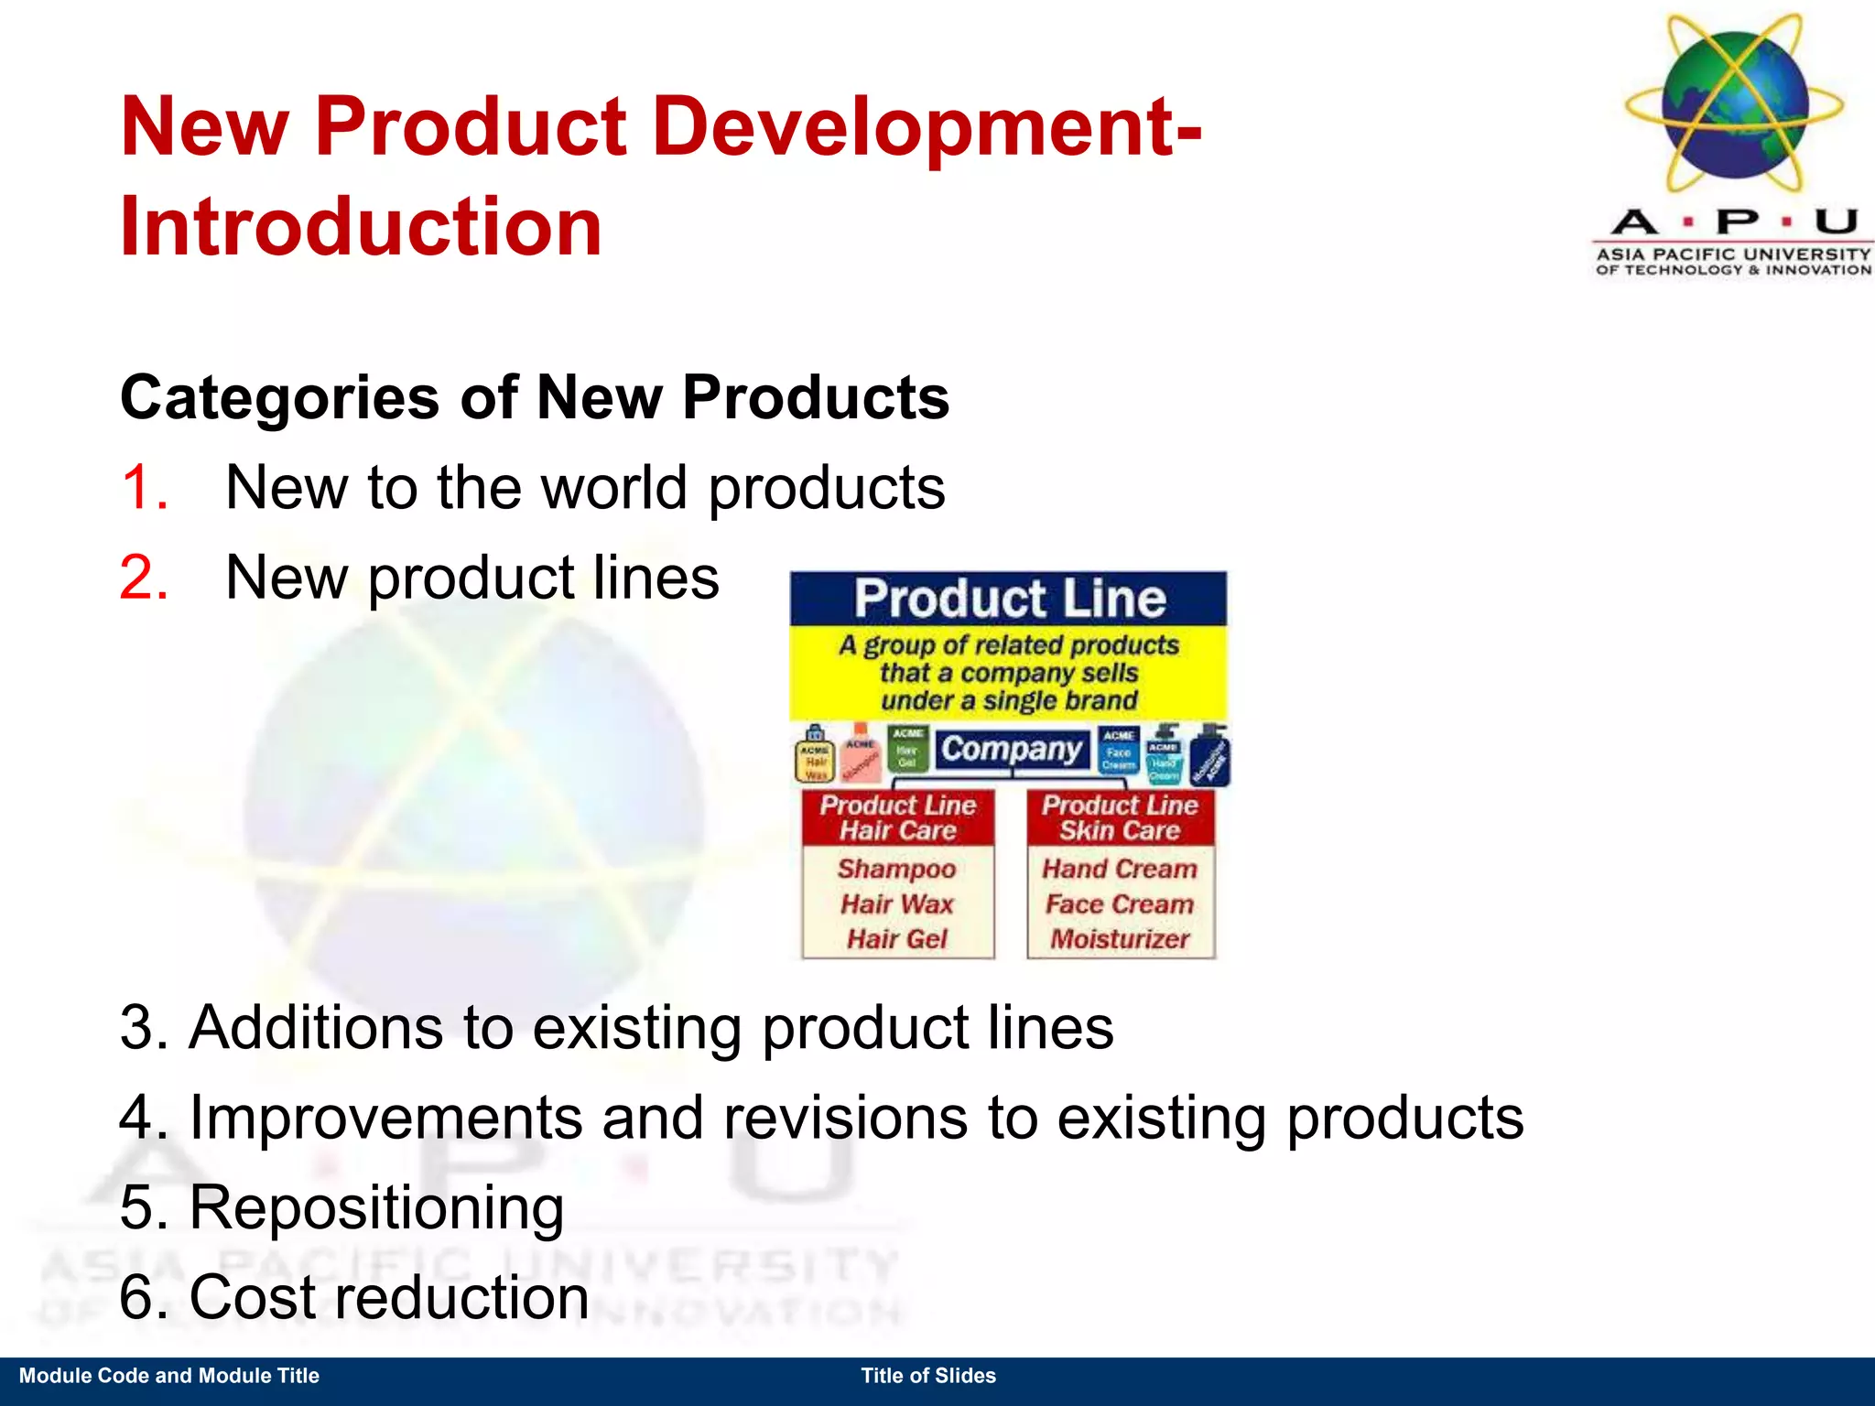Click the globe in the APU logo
[1734, 105]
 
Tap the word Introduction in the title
[361, 226]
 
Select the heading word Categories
[280, 398]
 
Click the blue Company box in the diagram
[1011, 749]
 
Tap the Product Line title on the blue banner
[1010, 599]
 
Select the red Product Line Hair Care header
[898, 817]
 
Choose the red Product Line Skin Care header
[1120, 817]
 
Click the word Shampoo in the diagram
[896, 869]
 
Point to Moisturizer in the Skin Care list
[1120, 939]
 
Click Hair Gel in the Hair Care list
[897, 939]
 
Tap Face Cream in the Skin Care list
[1120, 904]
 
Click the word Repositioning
[376, 1207]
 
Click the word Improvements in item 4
[385, 1118]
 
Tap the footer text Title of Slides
[928, 1376]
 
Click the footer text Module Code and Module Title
[169, 1376]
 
